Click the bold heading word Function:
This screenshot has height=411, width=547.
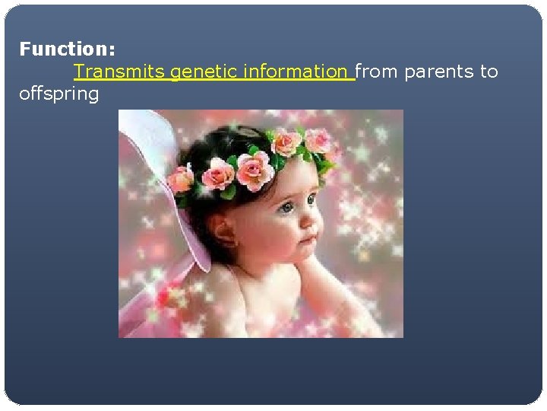(67, 49)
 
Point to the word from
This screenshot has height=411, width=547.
(377, 72)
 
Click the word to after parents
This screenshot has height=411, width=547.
(489, 72)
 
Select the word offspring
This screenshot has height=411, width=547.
(59, 94)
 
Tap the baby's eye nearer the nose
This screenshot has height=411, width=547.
(311, 200)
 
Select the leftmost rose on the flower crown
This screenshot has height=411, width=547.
(181, 180)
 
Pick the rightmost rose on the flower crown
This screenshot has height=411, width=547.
(318, 139)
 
